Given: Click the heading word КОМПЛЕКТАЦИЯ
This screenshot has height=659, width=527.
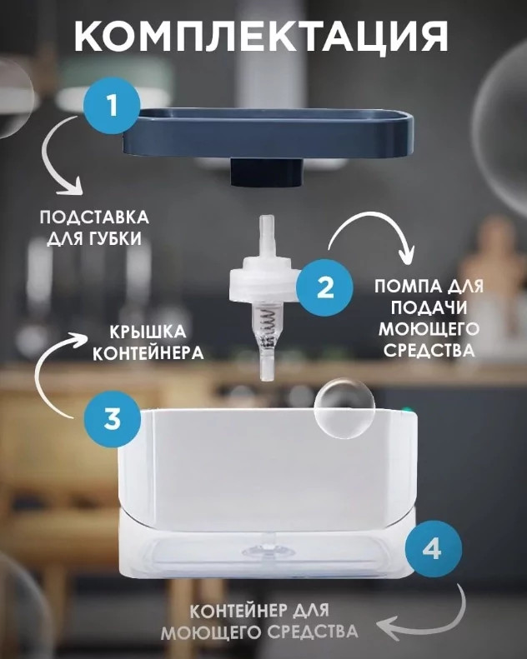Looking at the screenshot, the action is pos(261,37).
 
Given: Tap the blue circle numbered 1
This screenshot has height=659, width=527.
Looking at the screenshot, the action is pos(112,106).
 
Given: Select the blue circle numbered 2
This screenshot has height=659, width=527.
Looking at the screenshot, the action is pos(324,288).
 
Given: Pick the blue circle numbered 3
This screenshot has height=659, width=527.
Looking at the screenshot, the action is pos(112,418).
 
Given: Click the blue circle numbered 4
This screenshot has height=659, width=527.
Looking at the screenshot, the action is pos(433,548).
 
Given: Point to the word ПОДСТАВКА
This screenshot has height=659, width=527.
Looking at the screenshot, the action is pos(94,218).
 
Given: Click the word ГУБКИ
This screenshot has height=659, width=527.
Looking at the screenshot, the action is pos(115,239).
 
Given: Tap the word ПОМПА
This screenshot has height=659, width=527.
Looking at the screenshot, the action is pos(403,287).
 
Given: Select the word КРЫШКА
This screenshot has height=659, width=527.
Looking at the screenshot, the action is pos(148,332).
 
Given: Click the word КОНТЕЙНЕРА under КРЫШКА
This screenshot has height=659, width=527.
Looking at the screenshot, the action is pos(148,353).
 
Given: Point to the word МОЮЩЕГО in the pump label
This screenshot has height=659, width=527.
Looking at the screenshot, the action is pos(429,329).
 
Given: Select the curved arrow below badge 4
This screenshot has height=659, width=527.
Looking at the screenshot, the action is pos(434,617).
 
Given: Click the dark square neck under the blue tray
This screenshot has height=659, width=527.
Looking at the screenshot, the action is pos(267,172).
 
